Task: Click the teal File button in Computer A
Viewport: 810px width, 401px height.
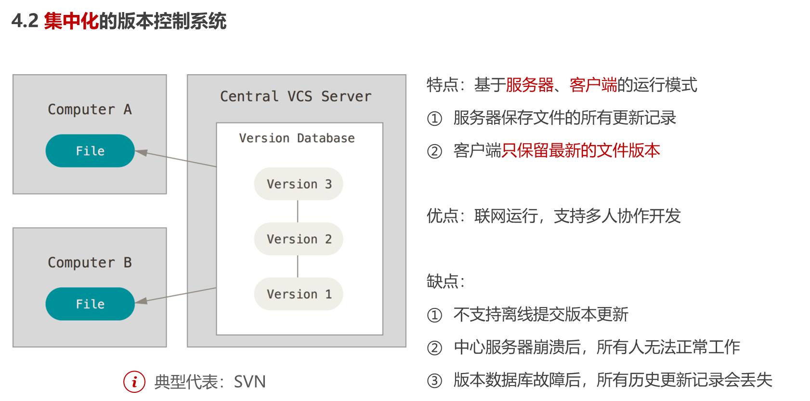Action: [90, 151]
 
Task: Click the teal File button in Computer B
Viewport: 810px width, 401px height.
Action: [90, 304]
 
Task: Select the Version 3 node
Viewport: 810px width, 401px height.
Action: [299, 184]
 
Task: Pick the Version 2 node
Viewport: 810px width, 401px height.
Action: [299, 239]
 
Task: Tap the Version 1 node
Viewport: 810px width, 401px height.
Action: [299, 294]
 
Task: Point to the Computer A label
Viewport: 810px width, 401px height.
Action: [90, 109]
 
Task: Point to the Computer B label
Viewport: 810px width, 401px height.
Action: [90, 263]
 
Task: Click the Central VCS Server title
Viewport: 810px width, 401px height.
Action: [296, 96]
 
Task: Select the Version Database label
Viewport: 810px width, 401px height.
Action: [297, 138]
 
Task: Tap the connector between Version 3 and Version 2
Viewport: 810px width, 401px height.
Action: [298, 211]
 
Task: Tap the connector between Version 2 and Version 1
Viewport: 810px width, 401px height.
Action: [298, 266]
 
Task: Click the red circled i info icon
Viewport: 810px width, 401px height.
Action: [134, 382]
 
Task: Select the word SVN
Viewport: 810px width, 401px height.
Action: [249, 382]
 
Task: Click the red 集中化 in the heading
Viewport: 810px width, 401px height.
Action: [71, 21]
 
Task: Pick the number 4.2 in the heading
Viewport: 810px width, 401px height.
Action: [25, 21]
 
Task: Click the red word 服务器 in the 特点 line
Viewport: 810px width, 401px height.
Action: [530, 85]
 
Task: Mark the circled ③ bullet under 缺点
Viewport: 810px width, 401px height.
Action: [434, 381]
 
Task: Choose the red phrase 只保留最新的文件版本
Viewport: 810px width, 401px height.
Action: [581, 151]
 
